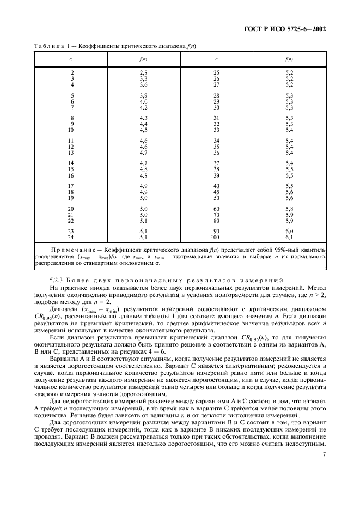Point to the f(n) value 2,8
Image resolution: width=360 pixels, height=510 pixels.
(144, 72)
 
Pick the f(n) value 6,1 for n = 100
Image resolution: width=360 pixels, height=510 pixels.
(289, 238)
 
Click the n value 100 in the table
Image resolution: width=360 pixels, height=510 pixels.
(216, 238)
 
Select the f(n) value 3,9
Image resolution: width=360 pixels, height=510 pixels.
(144, 96)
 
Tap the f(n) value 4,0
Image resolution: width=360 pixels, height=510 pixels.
(144, 102)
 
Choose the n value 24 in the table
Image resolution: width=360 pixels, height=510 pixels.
(71, 238)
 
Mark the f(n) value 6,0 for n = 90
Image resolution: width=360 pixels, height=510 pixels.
(289, 232)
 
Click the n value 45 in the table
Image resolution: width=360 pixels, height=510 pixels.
(216, 192)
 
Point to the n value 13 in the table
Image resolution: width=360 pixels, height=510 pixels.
(71, 147)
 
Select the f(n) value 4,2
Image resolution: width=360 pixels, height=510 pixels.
(144, 108)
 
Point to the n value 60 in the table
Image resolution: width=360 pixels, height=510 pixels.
(216, 209)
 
